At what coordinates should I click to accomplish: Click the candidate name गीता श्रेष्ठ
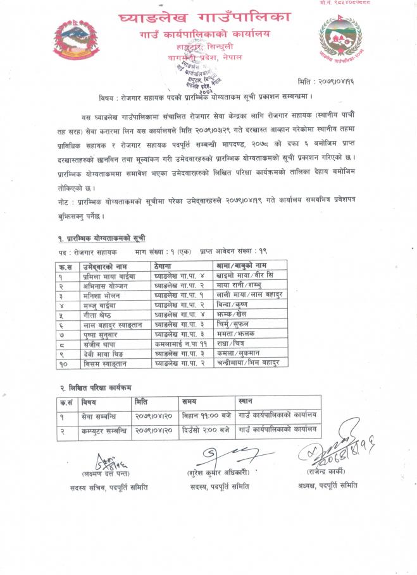[87, 313]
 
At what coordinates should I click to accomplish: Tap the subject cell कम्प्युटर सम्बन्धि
[100, 430]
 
